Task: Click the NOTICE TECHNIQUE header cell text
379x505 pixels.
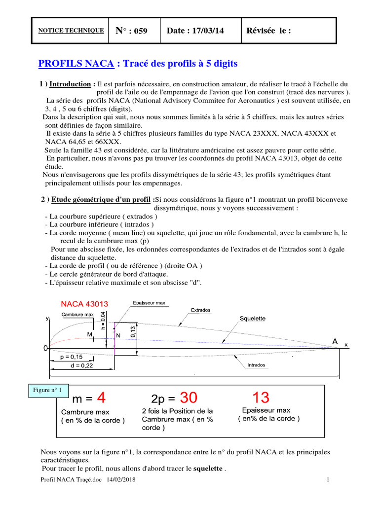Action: pyautogui.click(x=71, y=31)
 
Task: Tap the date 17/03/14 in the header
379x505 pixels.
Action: pyautogui.click(x=195, y=31)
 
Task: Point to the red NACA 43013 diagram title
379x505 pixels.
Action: pyautogui.click(x=84, y=303)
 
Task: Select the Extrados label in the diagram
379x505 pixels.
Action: pyautogui.click(x=200, y=310)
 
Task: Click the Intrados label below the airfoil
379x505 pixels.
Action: pyautogui.click(x=255, y=365)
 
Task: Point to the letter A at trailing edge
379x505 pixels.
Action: pyautogui.click(x=335, y=341)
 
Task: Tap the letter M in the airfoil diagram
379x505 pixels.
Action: pyautogui.click(x=90, y=334)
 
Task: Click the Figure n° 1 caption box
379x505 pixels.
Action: pyautogui.click(x=48, y=390)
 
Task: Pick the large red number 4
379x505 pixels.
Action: pyautogui.click(x=101, y=397)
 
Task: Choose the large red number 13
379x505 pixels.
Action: pyautogui.click(x=261, y=397)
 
